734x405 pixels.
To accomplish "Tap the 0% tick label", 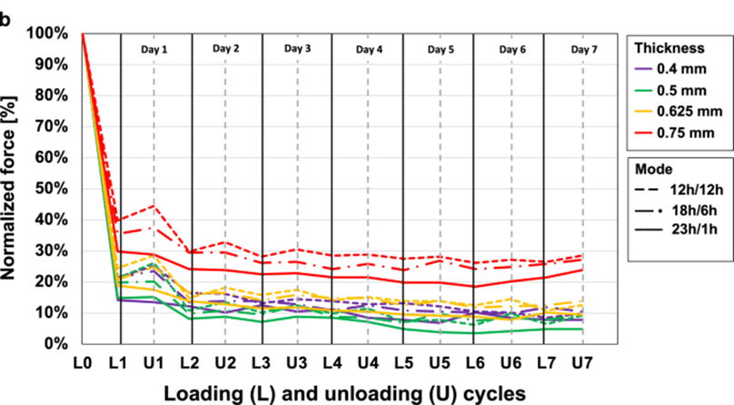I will point(56,344).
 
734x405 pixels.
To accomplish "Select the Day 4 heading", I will point(368,49).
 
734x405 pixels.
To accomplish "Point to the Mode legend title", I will point(653,169).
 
